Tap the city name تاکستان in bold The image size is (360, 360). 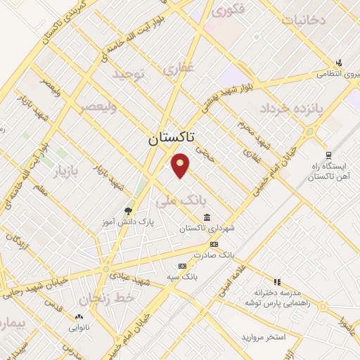pyautogui.click(x=174, y=139)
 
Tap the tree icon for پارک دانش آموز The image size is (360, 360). pyautogui.click(x=127, y=210)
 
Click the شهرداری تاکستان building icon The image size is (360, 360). pyautogui.click(x=206, y=217)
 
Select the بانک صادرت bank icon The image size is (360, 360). pyautogui.click(x=214, y=245)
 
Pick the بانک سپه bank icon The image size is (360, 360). pyautogui.click(x=183, y=266)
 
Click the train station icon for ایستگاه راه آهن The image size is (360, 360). pyautogui.click(x=328, y=155)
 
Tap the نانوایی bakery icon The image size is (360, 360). pyautogui.click(x=78, y=315)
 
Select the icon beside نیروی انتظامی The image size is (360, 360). pyautogui.click(x=340, y=62)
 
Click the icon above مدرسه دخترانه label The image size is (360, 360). pyautogui.click(x=277, y=281)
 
